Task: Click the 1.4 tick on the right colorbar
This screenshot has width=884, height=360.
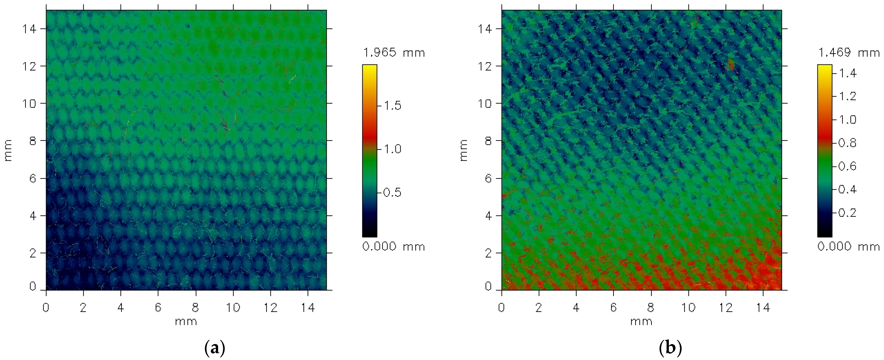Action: click(847, 73)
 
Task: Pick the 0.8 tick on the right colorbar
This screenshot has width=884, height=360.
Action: click(847, 143)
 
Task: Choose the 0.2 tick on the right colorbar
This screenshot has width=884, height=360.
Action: click(847, 213)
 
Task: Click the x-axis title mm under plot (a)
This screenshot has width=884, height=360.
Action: click(186, 322)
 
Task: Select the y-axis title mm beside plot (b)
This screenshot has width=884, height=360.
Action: click(463, 150)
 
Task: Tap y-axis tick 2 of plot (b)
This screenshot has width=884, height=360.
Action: click(488, 253)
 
